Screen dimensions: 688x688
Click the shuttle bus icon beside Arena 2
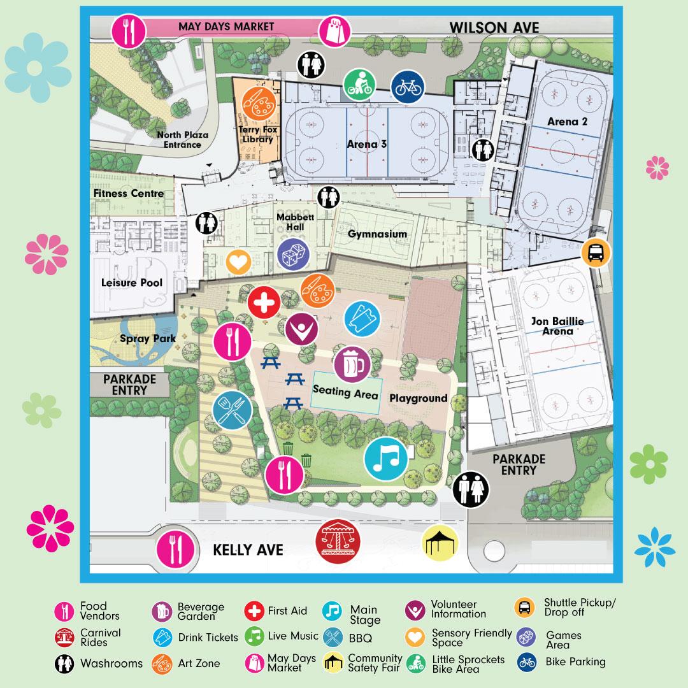tap(596, 253)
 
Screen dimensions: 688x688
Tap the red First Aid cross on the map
tap(264, 304)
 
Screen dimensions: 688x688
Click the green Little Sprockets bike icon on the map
tap(359, 85)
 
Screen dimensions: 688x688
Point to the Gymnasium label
tap(377, 234)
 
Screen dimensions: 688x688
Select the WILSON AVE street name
tap(494, 27)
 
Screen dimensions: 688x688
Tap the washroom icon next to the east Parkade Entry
tap(471, 490)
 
